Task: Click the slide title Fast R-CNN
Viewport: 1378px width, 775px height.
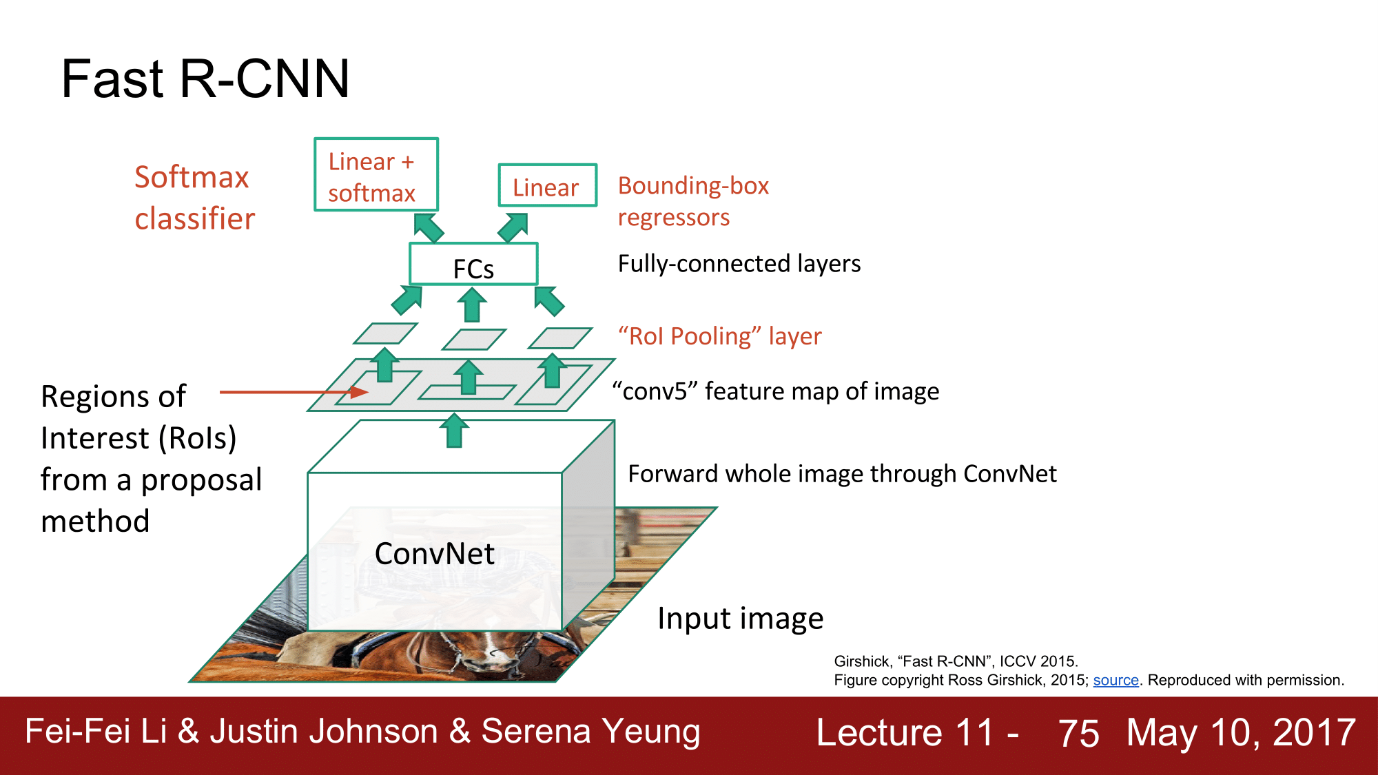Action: tap(205, 79)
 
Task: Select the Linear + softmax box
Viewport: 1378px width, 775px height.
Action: tap(376, 175)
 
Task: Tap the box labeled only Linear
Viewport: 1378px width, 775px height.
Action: tap(547, 186)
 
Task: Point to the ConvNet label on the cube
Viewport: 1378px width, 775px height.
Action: tap(434, 554)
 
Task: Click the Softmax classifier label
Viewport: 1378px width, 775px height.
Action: tap(194, 198)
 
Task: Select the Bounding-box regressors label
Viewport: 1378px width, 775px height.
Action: tap(692, 201)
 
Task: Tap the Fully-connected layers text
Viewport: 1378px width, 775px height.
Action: tap(739, 264)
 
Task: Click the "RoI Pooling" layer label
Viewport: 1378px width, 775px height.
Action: tap(719, 336)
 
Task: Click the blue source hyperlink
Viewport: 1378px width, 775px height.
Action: tap(1115, 681)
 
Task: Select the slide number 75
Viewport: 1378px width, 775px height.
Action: tap(1078, 733)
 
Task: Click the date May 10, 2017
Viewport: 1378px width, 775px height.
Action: tap(1240, 732)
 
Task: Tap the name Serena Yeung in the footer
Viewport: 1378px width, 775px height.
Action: tap(590, 732)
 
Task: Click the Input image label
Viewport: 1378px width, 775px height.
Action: tap(740, 619)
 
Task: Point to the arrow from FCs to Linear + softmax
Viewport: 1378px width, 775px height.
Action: tap(429, 227)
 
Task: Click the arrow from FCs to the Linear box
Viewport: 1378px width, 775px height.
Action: tap(513, 227)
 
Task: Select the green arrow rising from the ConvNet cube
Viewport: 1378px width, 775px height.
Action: tap(454, 431)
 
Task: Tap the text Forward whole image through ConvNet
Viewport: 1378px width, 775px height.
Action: tap(842, 474)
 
